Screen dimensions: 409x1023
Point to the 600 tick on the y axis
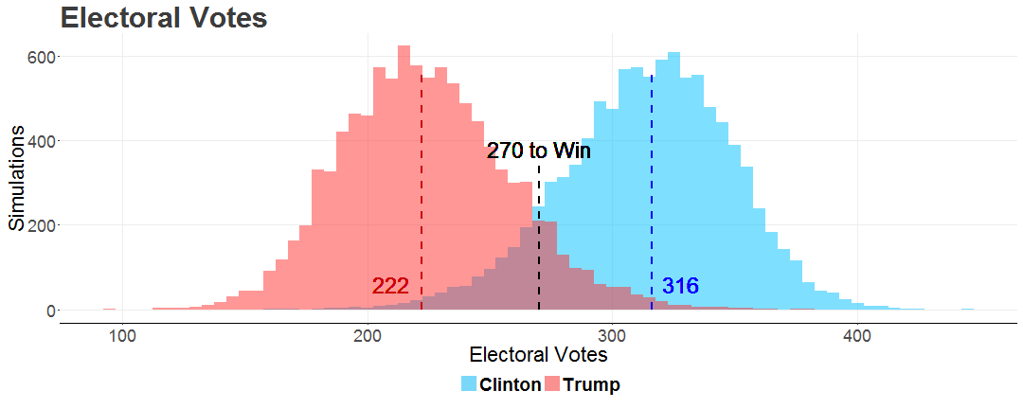[41, 57]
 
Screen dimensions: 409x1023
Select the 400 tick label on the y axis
[41, 141]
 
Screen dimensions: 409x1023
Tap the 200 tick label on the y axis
[41, 225]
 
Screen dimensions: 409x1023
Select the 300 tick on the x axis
[613, 335]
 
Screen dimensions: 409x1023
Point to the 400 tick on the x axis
[857, 335]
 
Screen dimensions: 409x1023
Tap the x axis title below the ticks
[538, 356]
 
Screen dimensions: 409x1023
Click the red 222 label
[390, 286]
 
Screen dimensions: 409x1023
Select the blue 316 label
[680, 286]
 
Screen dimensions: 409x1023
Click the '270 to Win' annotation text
[538, 151]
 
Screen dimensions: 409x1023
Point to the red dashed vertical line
[422, 189]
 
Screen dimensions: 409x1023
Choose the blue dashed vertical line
[652, 189]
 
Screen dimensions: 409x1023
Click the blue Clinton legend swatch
[469, 384]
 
